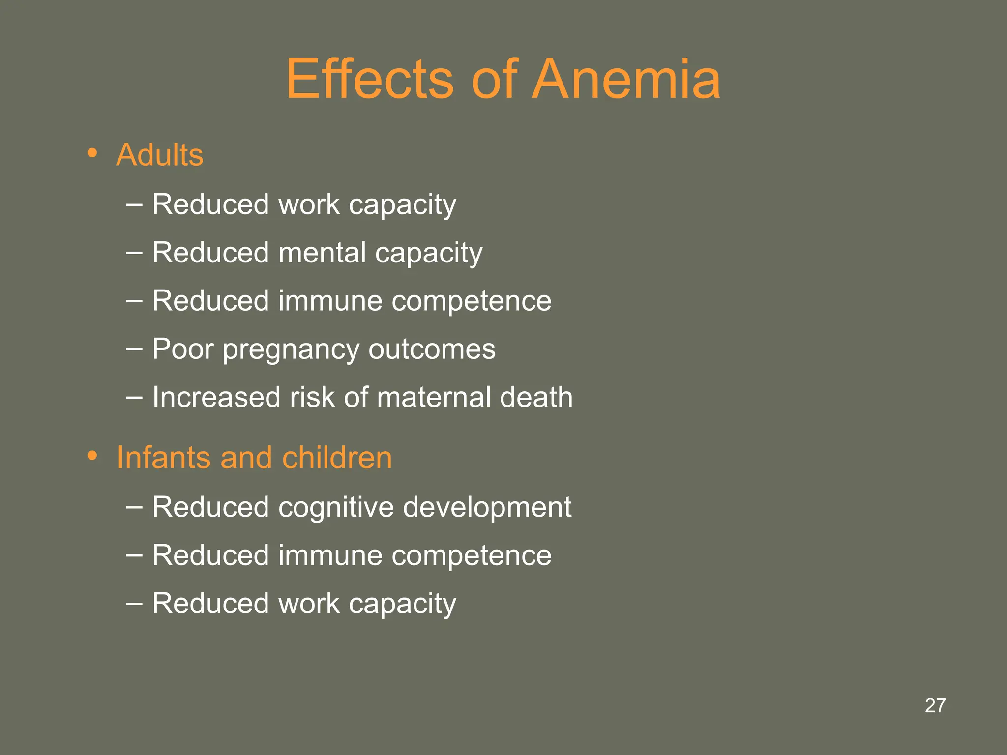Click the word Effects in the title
pos(369,79)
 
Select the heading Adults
pos(159,155)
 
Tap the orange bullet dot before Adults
pos(92,153)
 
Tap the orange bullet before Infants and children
pos(92,456)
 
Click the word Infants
pos(163,458)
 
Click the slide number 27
pos(935,705)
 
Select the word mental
pos(322,253)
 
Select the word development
pos(487,508)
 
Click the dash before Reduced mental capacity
pos(134,253)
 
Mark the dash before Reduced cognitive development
pos(134,506)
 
